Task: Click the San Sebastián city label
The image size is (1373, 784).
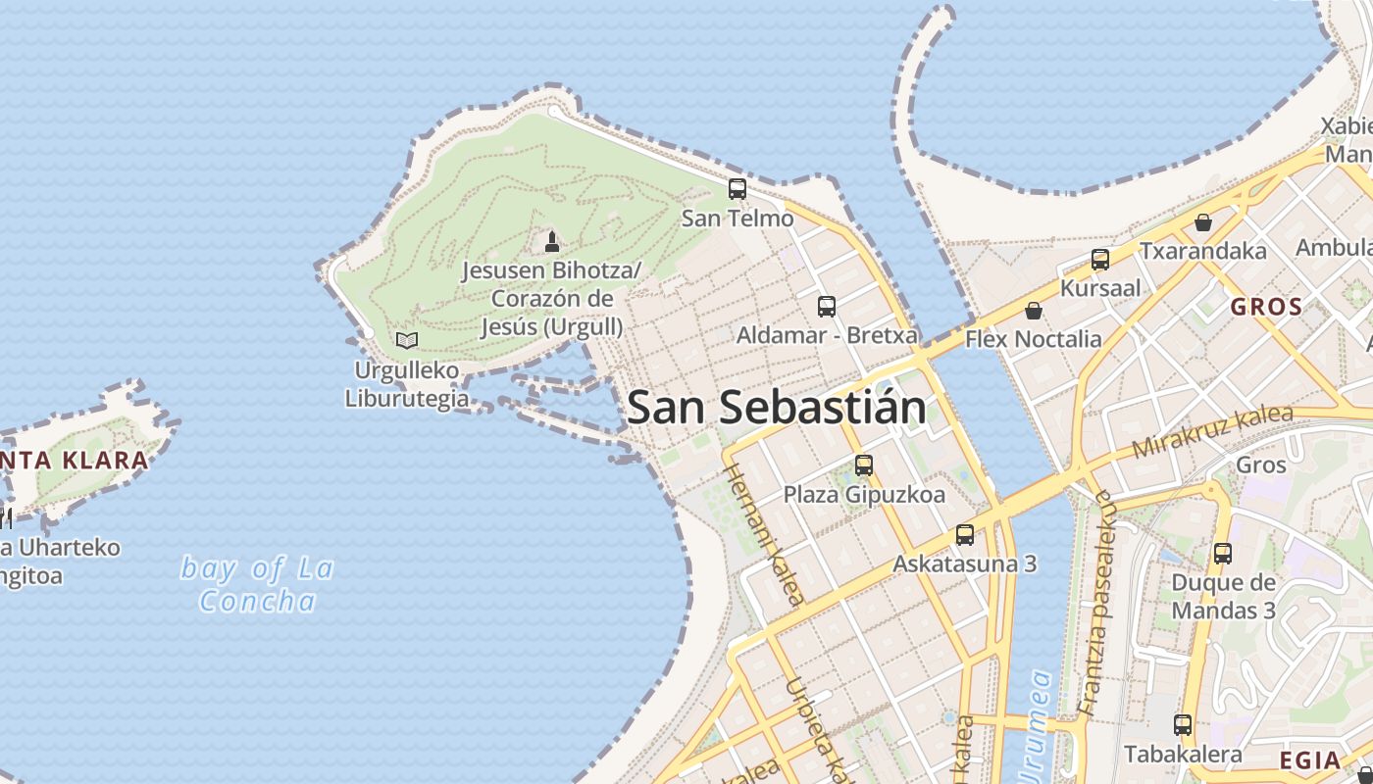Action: (776, 408)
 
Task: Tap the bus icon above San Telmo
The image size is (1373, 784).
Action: (737, 189)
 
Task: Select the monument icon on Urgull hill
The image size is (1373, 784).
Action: (552, 241)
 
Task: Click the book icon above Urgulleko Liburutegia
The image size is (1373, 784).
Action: (407, 340)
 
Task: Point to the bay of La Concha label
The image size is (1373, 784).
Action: (258, 584)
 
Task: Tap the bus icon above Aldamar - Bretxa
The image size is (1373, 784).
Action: (827, 307)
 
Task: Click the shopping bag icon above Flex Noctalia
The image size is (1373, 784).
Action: (1033, 312)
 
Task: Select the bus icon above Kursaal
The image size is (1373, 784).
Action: (1100, 260)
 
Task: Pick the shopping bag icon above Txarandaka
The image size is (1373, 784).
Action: (1203, 223)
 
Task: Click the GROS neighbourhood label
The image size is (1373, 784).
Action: (1266, 307)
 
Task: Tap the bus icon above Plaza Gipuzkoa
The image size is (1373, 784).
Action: (864, 465)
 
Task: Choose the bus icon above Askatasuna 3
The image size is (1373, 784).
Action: (965, 535)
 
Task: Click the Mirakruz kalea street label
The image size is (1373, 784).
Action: (1213, 431)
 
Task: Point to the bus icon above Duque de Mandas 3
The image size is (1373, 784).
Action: (1223, 553)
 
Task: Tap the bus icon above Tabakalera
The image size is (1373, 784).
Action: (1183, 725)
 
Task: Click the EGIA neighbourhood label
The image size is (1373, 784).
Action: (1310, 759)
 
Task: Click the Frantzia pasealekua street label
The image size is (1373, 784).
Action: (1097, 602)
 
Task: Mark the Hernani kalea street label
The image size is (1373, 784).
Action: (765, 534)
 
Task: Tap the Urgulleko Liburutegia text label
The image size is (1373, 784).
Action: (407, 384)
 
